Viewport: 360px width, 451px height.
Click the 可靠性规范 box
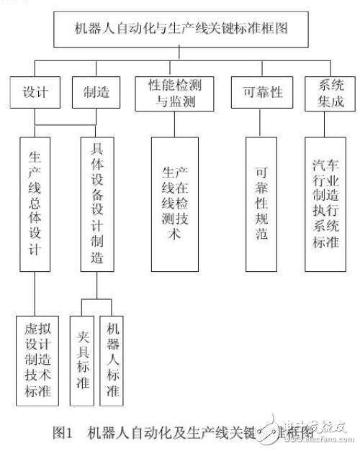(260, 204)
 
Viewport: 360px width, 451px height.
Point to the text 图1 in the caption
(63, 432)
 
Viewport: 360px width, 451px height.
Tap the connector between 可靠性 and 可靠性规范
(258, 124)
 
